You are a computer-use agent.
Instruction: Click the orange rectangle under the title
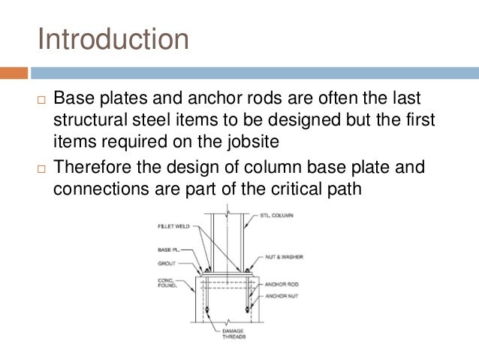click(x=14, y=73)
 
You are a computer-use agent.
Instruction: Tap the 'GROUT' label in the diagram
click(x=166, y=264)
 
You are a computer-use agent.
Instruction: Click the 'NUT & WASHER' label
click(x=284, y=256)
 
